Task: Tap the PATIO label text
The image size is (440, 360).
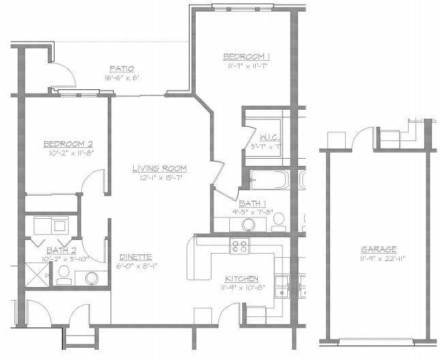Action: [121, 68]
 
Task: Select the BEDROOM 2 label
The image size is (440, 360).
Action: [68, 144]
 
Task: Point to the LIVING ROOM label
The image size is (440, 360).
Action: [160, 168]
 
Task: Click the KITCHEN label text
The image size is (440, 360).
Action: [242, 279]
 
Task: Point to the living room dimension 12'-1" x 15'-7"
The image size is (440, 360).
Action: [160, 178]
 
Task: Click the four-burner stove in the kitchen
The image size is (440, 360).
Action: [239, 246]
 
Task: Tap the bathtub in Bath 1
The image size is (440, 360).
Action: [270, 181]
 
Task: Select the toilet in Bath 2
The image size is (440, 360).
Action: [63, 274]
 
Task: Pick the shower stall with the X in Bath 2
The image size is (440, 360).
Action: [37, 274]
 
